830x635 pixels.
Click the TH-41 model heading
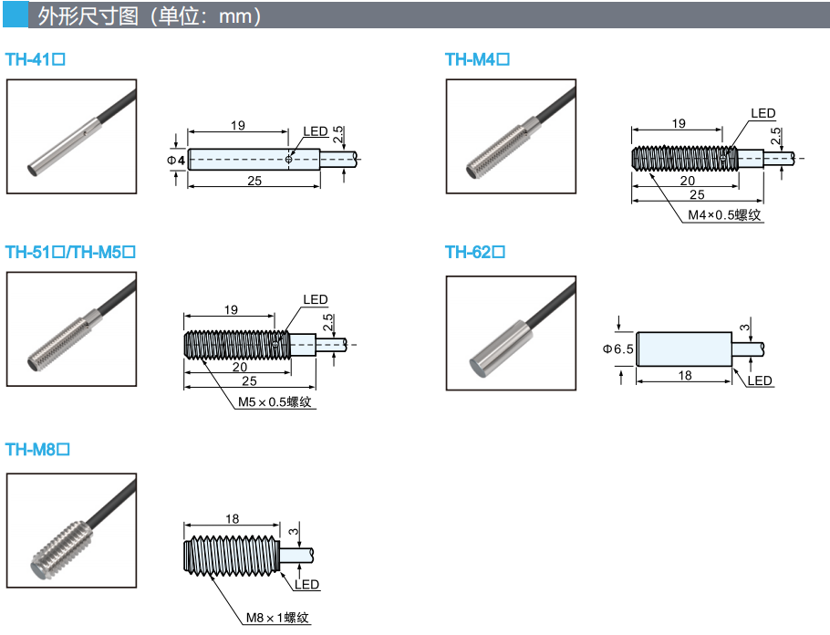(36, 59)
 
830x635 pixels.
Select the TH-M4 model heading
(477, 59)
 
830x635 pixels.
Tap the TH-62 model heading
(475, 252)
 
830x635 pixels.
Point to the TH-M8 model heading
(37, 450)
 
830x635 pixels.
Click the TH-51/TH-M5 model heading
(70, 252)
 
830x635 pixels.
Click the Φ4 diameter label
(176, 160)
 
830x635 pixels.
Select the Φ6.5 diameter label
(617, 349)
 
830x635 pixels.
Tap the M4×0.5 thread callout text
(724, 214)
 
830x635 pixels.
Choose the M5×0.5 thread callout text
(275, 402)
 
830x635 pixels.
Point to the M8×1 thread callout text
(277, 618)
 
